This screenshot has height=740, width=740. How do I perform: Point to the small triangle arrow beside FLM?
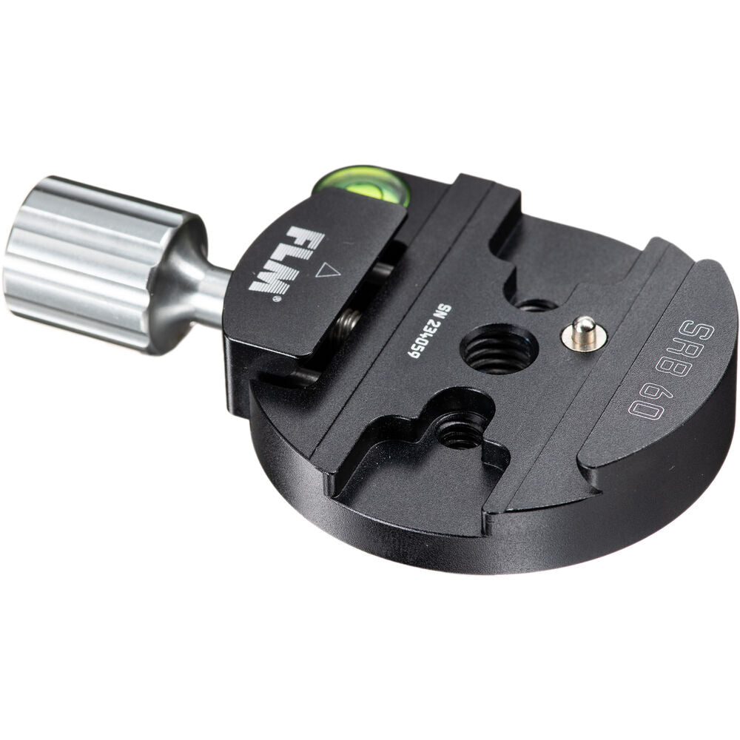coord(327,271)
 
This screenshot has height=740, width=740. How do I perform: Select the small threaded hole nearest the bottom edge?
coord(460,431)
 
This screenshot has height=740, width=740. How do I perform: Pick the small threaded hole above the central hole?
coord(536,303)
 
